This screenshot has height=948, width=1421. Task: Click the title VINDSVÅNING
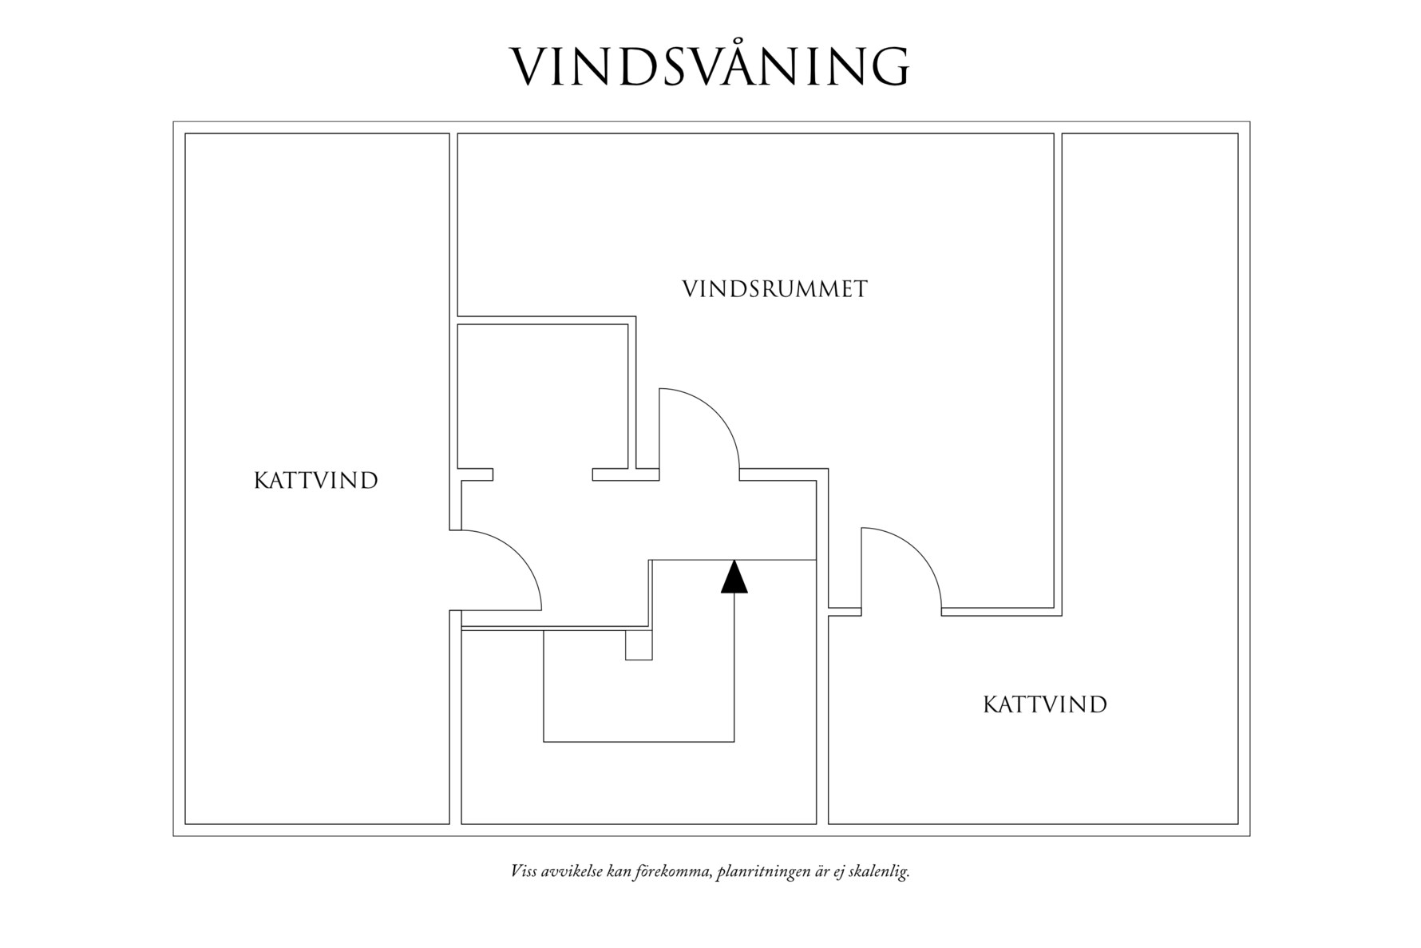pos(710,65)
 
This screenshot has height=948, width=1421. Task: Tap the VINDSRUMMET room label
pos(774,289)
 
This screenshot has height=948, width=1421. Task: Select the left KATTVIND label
pos(315,481)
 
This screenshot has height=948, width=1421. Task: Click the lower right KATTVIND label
pos(1044,705)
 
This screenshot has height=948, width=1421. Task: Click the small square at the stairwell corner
pos(639,645)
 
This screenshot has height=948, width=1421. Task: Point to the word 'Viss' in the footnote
pos(524,871)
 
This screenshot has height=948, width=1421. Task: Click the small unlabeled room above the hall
pos(541,395)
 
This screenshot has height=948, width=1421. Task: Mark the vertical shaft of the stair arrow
pos(734,671)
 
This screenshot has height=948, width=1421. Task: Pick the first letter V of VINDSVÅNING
pos(530,65)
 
